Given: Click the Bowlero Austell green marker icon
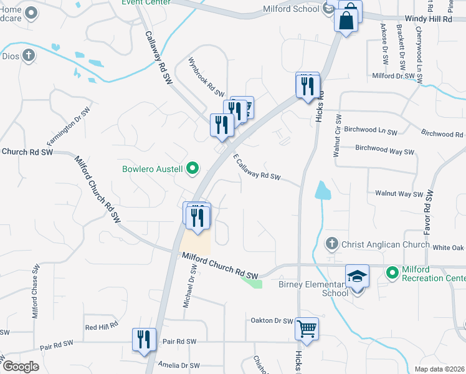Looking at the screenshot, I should pos(193,168).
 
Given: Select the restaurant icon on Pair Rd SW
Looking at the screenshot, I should pos(144,339).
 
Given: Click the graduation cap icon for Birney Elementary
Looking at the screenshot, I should pos(358,275).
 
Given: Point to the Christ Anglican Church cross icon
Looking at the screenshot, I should pos(332,244).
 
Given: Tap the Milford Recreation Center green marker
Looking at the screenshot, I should pos(392,272).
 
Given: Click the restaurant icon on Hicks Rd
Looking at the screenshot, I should pos(307,86).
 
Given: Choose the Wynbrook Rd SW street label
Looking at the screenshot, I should pos(206,77).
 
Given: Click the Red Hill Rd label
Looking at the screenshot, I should pos(101,327).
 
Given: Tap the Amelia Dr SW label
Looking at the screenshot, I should pos(178,365).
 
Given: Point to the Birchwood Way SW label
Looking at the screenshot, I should pos(384,151).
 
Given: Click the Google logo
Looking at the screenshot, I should pos(21,367).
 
